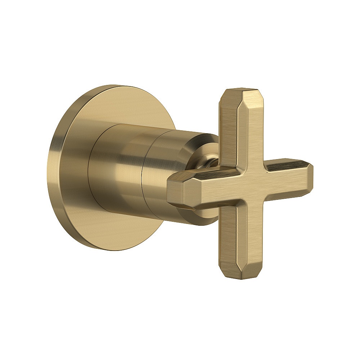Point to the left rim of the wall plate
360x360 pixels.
50,169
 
